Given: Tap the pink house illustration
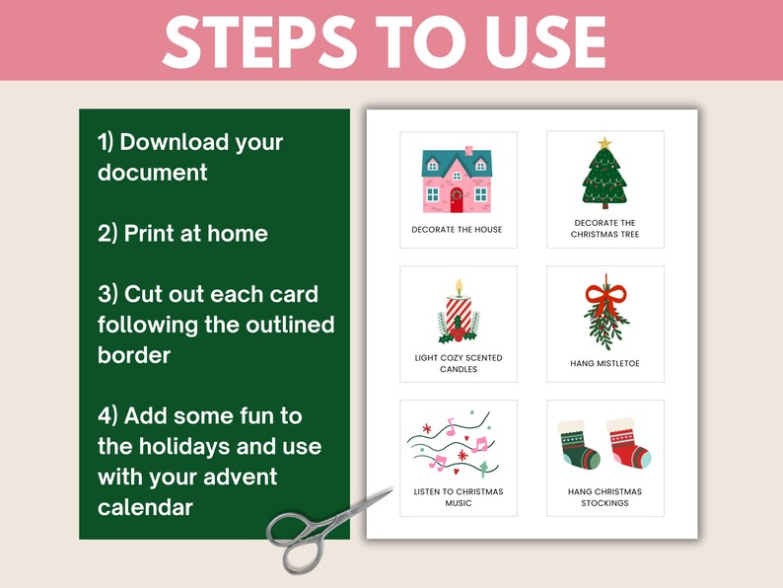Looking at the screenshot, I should coord(457,180).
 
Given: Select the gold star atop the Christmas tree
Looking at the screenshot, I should coord(605,143).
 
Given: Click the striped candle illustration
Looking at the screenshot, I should coord(459,316).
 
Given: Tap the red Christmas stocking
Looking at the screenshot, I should coord(628,444).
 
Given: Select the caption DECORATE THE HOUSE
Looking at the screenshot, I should coord(457,230).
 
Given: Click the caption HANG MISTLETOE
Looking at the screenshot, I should coord(605,364).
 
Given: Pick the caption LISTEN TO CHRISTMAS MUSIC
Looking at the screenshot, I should coord(459,497).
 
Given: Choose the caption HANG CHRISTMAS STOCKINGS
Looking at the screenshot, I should coord(605,497).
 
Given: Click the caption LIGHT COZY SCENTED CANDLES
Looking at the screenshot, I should coord(459,363).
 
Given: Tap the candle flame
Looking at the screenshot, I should coord(459,287).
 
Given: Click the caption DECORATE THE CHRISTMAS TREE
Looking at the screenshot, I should coord(605,229).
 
